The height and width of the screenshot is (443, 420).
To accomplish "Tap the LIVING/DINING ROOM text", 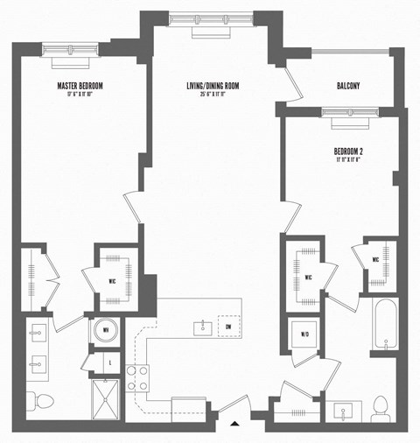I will point(213,86).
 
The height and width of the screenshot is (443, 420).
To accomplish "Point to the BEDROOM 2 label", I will point(348,151).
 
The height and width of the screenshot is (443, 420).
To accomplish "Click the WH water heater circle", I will point(103,331).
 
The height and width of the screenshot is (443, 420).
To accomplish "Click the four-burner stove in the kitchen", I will point(136,377).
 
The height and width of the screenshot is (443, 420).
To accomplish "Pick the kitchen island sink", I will point(201,327).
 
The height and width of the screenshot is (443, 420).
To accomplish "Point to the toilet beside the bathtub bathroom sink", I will point(380,405).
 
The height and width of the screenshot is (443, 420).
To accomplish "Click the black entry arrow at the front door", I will point(234,424).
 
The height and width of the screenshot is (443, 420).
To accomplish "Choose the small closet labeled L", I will point(110,360).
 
